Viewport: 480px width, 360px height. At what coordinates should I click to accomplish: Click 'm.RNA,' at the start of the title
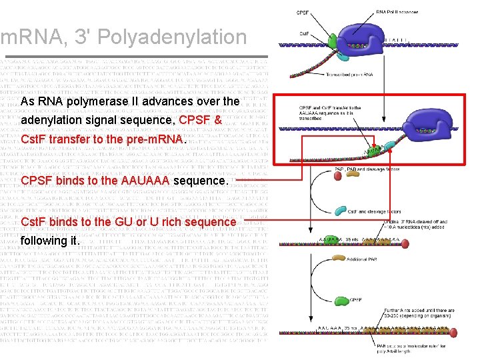coord(25,37)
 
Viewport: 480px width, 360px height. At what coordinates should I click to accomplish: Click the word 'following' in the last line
coord(43,241)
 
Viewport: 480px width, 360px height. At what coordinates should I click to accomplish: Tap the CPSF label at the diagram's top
coord(303,11)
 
